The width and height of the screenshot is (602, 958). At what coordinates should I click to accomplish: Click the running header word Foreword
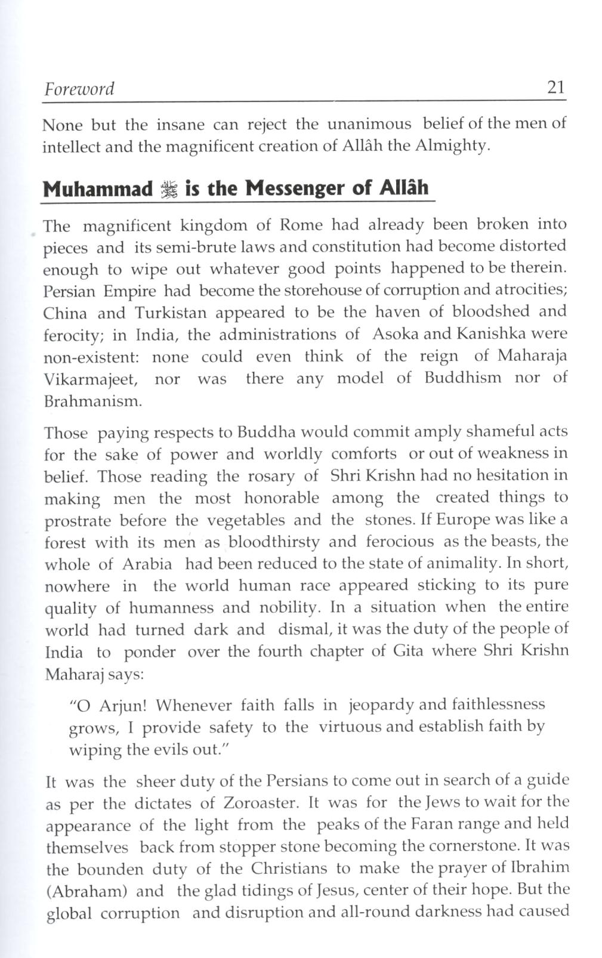[x=79, y=89]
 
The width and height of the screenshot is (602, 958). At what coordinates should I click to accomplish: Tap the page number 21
[x=555, y=88]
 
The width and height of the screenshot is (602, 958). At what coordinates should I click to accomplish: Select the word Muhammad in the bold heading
[x=98, y=189]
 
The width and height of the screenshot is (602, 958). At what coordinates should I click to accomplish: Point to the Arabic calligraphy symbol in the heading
[x=169, y=190]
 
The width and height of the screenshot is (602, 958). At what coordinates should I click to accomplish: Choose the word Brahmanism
[x=93, y=401]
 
